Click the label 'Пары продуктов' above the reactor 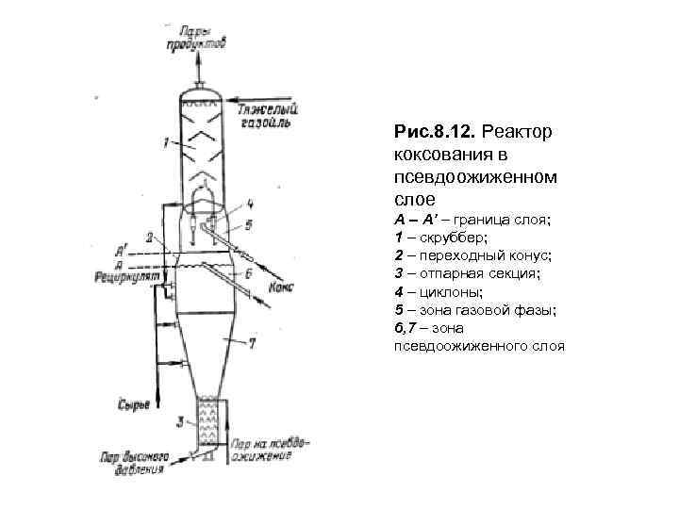[195, 36]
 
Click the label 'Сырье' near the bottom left [134, 405]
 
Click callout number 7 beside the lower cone [252, 344]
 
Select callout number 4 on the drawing [249, 203]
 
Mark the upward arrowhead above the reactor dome [198, 59]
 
